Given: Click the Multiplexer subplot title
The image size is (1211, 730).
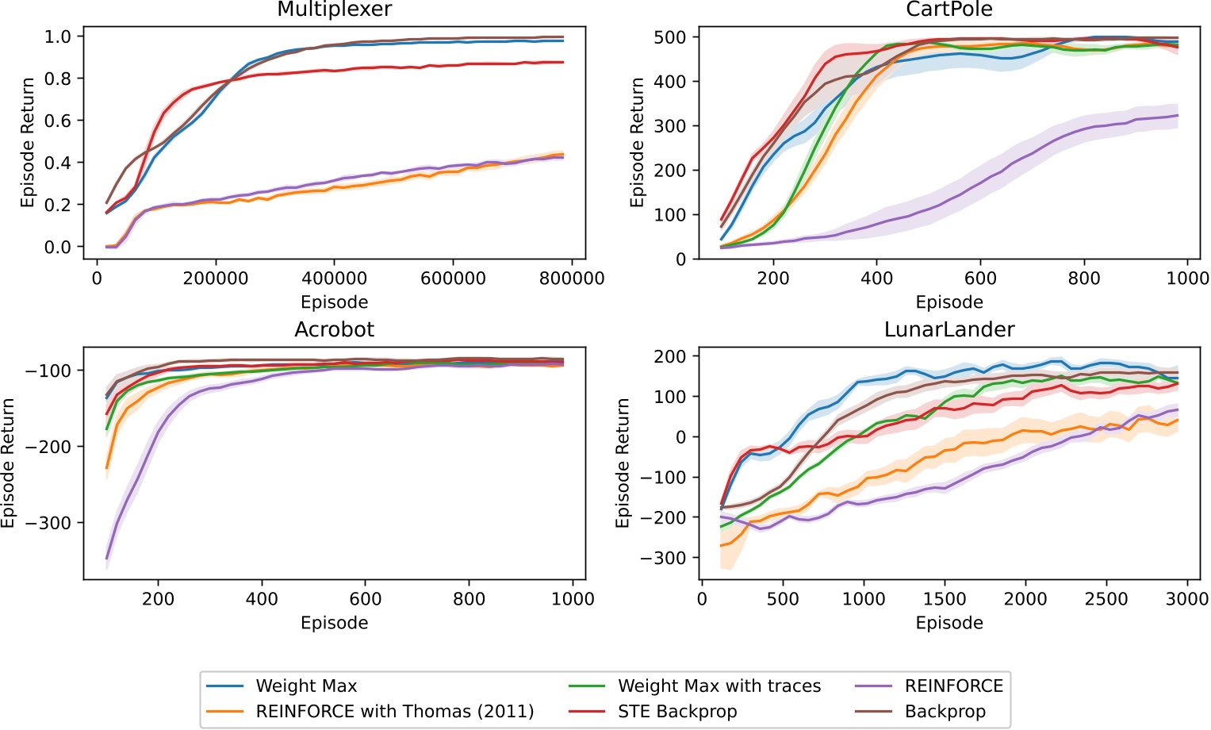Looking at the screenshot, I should point(334,10).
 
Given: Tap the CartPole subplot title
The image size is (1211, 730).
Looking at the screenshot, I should point(949,10).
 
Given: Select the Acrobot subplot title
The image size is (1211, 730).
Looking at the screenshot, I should point(334,330).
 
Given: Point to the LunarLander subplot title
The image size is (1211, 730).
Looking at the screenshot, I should point(949,330).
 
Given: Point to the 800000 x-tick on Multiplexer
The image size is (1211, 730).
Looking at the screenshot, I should point(572,279).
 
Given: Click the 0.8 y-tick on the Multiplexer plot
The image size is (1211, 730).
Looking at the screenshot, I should point(58,79).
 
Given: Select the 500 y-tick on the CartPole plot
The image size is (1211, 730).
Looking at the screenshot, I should point(670,37).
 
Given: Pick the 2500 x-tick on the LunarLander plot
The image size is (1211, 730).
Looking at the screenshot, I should point(1106,599).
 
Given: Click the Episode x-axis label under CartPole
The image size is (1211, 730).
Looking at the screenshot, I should point(949,302).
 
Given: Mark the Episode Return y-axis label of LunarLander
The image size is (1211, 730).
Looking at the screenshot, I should point(623,463).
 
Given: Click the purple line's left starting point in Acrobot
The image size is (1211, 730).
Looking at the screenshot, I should point(107,559).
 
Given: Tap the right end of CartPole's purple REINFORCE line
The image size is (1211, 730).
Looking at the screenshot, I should point(1178,116).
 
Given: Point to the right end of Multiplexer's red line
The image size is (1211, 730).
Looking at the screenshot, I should point(563,62).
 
